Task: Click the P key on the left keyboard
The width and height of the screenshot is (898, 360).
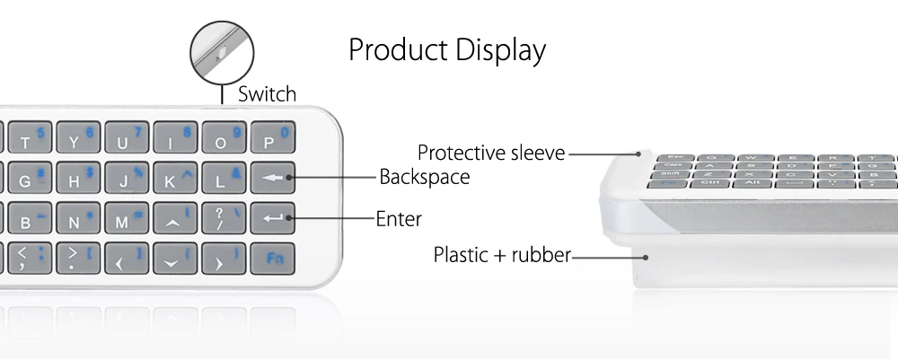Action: [x=272, y=139]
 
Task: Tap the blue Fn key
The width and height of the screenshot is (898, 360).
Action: [x=272, y=259]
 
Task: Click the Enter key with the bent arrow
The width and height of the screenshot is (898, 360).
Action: [x=272, y=218]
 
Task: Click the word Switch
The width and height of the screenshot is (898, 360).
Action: [x=267, y=94]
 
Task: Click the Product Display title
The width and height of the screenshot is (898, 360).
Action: [x=447, y=50]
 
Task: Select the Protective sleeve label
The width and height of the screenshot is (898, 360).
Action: [x=491, y=153]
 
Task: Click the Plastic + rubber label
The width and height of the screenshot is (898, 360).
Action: [x=502, y=255]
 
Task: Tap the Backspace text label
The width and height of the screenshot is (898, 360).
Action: [x=424, y=177]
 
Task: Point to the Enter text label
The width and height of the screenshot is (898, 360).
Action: [x=399, y=218]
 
